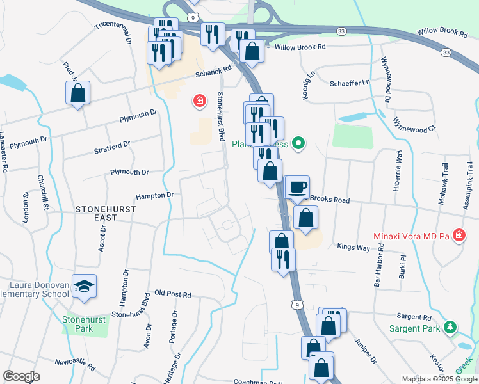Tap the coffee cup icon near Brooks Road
point(296,187)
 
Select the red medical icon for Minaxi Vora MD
point(459,237)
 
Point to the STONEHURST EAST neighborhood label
point(97,213)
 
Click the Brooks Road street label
point(330,200)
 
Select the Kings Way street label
point(353,246)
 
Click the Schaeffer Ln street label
point(350,83)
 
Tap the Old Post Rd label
point(173,294)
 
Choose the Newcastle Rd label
point(75,364)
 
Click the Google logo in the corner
point(22,376)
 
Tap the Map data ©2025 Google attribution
point(439,379)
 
